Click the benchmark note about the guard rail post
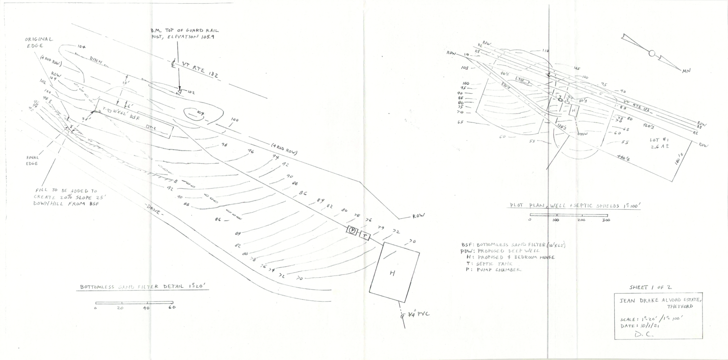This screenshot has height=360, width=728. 184,34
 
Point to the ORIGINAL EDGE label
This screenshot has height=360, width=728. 39,42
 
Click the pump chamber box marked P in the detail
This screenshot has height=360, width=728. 352,230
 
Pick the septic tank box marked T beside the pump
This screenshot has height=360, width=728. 365,235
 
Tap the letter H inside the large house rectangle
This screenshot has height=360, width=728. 392,273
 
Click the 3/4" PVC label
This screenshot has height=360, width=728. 418,314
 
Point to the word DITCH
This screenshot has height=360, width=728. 96,62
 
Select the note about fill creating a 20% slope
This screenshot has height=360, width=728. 68,197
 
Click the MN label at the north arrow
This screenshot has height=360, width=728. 686,71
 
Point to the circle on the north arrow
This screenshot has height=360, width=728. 652,54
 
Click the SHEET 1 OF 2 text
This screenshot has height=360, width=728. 650,288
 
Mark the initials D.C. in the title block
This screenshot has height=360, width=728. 642,334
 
